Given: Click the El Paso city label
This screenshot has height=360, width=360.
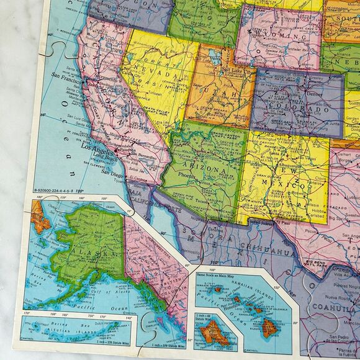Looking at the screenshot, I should (282, 222).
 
